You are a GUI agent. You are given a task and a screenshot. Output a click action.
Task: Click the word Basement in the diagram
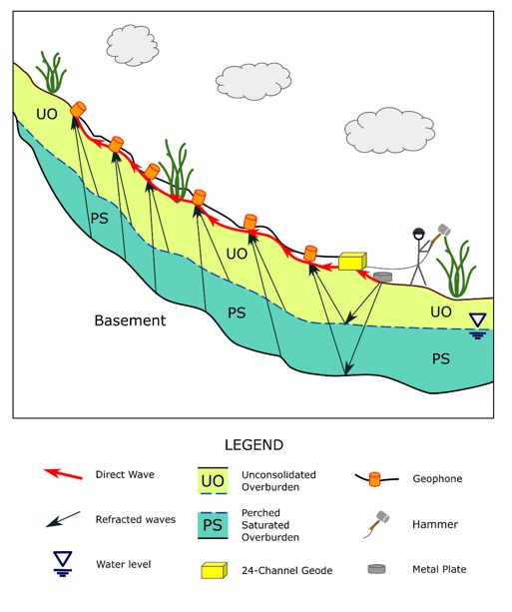(130, 320)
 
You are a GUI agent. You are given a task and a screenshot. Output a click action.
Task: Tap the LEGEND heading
(254, 445)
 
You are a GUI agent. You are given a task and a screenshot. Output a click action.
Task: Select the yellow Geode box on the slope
(352, 262)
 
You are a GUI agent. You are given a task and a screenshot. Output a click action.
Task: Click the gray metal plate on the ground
(382, 277)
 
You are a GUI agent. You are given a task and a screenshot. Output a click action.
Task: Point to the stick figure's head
(418, 234)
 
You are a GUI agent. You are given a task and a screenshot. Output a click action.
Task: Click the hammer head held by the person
(444, 230)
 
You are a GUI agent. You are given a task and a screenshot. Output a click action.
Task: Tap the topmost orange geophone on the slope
(78, 109)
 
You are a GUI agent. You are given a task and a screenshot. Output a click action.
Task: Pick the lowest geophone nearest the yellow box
(310, 253)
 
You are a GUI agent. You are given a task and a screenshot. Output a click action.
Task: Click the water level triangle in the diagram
(478, 320)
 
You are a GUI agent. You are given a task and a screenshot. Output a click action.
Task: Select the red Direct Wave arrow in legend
(63, 474)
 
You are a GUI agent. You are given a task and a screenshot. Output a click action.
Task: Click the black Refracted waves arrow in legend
(63, 519)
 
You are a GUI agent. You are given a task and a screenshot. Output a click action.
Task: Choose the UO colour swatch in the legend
(213, 480)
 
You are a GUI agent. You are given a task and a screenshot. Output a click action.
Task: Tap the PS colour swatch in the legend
(213, 525)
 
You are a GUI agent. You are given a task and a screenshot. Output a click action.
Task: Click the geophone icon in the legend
(374, 479)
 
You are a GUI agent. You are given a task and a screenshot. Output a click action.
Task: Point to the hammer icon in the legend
(377, 524)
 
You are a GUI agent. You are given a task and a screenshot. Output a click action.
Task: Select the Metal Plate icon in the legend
(376, 569)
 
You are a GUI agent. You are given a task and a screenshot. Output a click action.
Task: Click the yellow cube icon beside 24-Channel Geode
(215, 570)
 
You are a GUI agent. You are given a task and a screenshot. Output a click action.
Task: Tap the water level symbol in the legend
(63, 563)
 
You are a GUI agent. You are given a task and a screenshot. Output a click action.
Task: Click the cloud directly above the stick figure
(389, 131)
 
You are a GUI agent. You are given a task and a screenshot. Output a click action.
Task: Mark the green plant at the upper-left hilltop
(52, 72)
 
